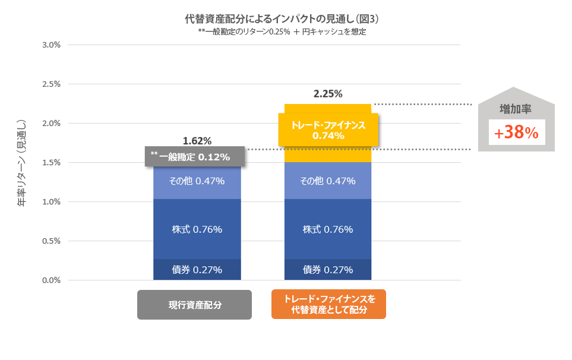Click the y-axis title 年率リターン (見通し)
pos(22,162)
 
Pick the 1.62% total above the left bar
pos(197,141)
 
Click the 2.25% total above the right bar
pos(328,93)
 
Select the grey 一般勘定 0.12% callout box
pos(195,156)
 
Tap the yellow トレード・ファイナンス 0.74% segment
pos(328,130)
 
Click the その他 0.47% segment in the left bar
pos(197,181)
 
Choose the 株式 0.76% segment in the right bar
pos(328,229)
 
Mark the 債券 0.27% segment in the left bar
pos(197,270)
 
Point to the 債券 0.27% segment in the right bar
pos(328,270)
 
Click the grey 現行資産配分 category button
pos(194,305)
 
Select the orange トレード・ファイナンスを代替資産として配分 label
pos(328,304)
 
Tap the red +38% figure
pos(516,133)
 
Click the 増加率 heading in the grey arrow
pos(516,109)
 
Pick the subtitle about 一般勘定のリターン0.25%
pos(282,32)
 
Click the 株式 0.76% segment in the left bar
pos(197,229)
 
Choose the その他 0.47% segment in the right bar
pos(328,181)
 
